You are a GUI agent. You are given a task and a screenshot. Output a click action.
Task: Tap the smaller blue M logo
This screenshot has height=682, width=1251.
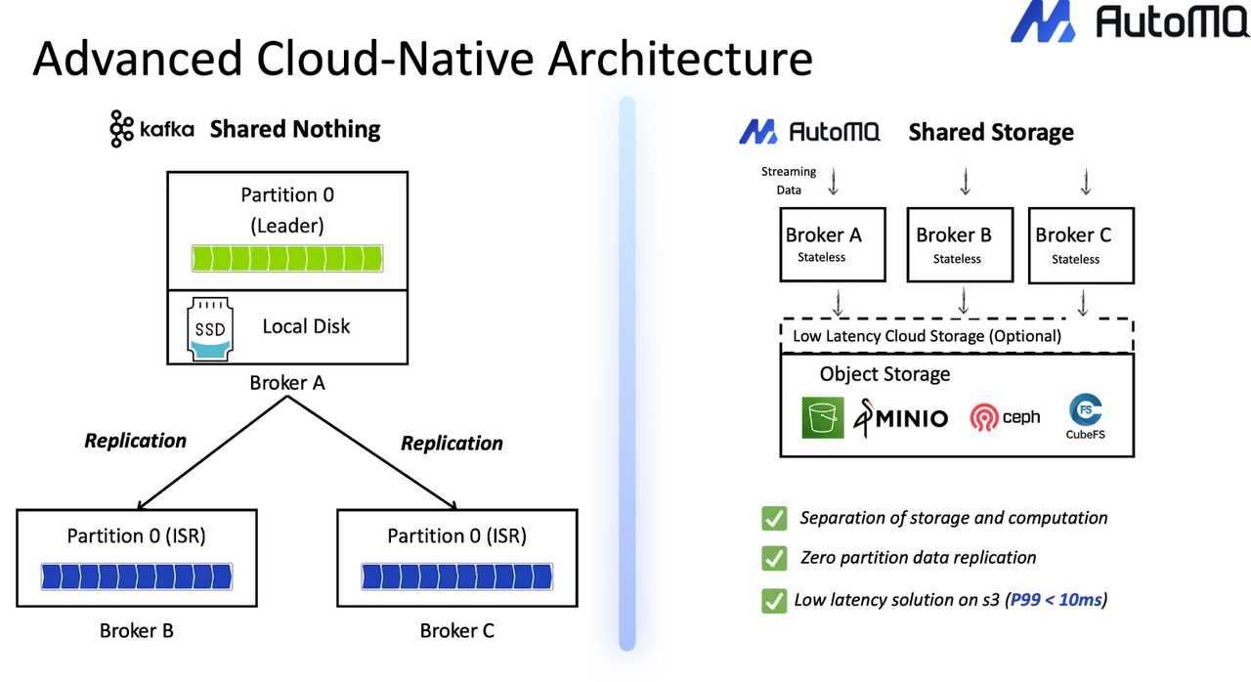click(x=758, y=133)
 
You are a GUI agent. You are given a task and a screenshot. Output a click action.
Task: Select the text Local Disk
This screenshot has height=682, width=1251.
click(x=306, y=326)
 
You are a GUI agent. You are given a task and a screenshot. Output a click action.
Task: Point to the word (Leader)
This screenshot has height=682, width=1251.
click(x=287, y=226)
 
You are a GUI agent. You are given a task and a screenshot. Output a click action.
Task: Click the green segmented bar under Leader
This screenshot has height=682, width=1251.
click(x=286, y=259)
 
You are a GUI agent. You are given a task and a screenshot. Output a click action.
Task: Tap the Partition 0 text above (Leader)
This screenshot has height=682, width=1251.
click(x=287, y=195)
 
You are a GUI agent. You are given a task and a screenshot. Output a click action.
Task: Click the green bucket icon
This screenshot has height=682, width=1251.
click(x=820, y=418)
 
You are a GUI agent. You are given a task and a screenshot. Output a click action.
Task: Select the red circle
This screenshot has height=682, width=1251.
click(x=982, y=418)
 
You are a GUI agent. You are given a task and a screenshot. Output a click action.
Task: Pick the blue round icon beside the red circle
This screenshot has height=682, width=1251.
click(x=1086, y=416)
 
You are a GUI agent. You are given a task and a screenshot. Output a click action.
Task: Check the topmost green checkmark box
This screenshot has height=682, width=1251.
click(x=774, y=518)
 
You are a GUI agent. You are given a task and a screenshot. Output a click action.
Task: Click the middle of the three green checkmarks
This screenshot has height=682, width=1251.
click(x=774, y=559)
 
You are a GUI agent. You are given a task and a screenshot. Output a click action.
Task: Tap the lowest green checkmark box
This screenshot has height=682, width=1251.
click(x=774, y=601)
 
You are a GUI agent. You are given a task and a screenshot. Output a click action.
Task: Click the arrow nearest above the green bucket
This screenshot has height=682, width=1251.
click(x=837, y=304)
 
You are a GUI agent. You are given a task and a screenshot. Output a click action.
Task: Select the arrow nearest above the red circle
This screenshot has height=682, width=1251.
click(x=965, y=300)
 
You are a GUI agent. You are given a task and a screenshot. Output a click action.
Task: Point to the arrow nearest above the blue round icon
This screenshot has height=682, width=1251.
click(x=1083, y=304)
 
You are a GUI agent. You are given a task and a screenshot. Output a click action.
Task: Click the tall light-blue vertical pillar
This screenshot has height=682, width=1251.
click(x=627, y=371)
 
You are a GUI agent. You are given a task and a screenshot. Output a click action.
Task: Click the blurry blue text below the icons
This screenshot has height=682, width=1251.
click(x=1056, y=600)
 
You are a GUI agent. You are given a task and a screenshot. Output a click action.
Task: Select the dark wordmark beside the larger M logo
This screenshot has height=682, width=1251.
click(x=1163, y=24)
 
